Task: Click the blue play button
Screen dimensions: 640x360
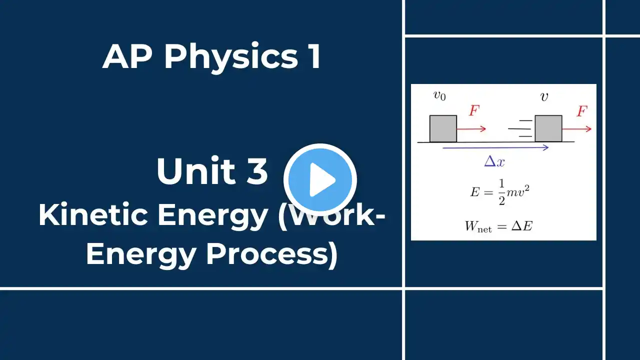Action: point(320,179)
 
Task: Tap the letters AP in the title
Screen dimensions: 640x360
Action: point(127,56)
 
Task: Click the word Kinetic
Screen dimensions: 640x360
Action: point(93,214)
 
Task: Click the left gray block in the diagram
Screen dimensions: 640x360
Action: point(443,128)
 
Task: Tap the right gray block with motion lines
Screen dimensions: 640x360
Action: point(548,128)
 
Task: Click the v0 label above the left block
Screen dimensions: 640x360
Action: point(439,95)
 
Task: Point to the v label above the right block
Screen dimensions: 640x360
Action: point(544,97)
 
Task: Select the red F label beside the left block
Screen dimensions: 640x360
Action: point(474,110)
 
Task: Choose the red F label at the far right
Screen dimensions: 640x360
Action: point(582,111)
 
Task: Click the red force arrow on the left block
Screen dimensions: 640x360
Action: point(471,129)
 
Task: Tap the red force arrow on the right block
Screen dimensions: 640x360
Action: point(577,129)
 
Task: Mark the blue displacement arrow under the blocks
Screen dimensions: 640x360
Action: point(495,147)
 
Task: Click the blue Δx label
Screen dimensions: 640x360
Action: point(494,161)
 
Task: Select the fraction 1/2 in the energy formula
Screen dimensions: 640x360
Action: point(501,192)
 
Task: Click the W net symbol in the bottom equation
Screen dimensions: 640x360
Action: point(478,226)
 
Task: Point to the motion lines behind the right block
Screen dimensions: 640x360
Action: point(520,128)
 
